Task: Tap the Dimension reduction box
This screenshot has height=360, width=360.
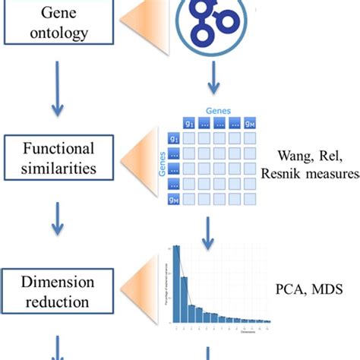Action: [60, 293]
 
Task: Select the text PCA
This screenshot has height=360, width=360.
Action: [289, 289]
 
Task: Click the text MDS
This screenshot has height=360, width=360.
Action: [325, 289]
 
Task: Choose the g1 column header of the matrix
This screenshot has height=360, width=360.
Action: [187, 122]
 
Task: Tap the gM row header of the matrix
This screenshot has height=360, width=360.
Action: [173, 201]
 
